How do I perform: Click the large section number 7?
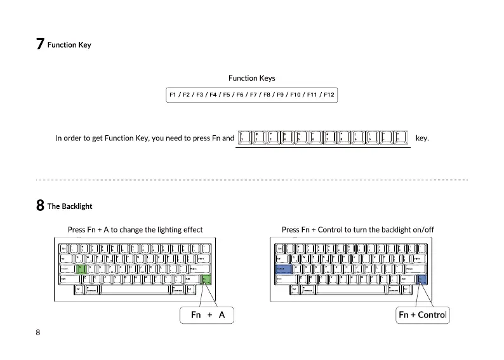coord(40,44)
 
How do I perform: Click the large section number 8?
coord(40,206)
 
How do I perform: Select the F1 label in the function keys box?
coord(172,95)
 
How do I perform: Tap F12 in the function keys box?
coord(329,95)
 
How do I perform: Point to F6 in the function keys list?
coord(240,95)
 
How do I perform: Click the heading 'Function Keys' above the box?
coord(252,78)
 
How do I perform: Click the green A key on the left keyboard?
coord(80,269)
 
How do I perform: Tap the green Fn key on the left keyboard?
coord(206,279)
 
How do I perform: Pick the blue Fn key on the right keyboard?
coord(423,279)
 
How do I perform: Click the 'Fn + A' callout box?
coord(208,314)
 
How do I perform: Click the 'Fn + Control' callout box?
coord(423,314)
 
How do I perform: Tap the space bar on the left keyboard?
coord(135,290)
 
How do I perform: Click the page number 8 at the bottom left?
coord(38,333)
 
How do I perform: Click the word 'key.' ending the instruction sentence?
coord(422,138)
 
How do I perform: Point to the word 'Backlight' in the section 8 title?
coord(77,206)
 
